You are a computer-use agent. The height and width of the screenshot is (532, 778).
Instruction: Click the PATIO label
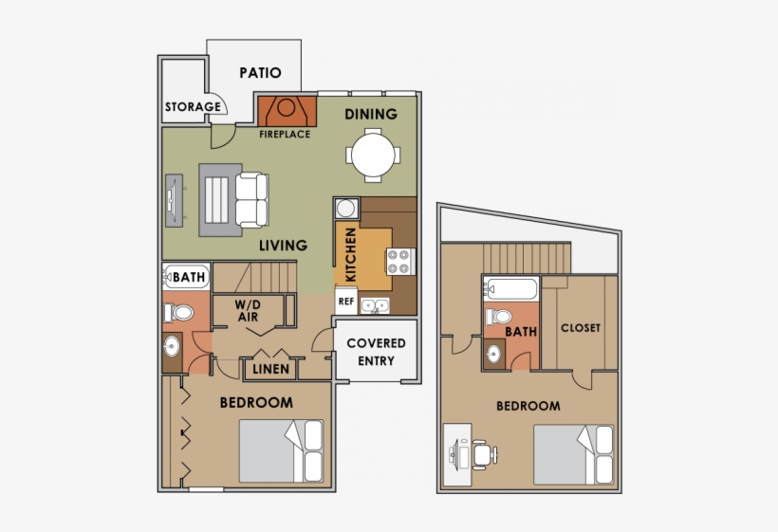tap(260, 72)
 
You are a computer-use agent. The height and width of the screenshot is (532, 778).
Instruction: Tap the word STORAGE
tap(193, 107)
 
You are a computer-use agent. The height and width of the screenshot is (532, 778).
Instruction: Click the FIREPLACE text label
tap(285, 135)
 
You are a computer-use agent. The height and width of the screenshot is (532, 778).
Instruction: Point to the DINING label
tap(370, 115)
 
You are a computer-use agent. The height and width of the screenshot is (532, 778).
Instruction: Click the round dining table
tap(371, 154)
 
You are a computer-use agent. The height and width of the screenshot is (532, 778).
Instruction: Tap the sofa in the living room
tap(253, 199)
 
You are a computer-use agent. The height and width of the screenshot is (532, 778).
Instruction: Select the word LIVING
tap(283, 246)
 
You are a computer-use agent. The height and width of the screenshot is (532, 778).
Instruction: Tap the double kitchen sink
tap(378, 304)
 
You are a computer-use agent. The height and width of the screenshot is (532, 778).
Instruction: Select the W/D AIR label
tap(249, 311)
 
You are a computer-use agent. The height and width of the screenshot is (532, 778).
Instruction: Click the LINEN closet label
tap(270, 368)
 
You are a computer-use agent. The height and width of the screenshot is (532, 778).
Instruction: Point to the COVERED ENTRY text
tap(376, 352)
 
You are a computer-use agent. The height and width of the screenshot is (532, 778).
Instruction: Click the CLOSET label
tap(581, 328)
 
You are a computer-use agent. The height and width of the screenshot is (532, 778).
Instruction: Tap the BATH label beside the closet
tap(520, 332)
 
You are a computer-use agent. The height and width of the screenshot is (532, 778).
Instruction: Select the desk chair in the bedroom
tap(482, 454)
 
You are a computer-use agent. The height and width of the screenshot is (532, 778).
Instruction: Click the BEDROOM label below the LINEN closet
tap(256, 402)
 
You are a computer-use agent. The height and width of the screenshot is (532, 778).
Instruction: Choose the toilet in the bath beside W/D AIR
tap(176, 311)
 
